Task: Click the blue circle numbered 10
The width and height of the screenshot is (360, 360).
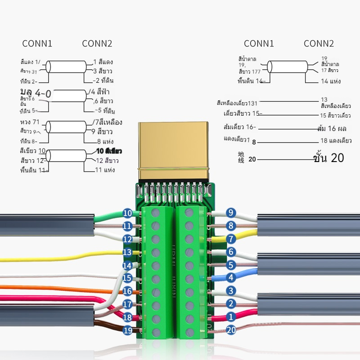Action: (127, 213)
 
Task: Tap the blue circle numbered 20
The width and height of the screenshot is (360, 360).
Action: (231, 330)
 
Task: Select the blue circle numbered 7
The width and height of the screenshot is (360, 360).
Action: (231, 239)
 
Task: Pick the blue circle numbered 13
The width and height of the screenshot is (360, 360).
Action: (127, 252)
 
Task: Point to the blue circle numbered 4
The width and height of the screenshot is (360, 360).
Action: (231, 278)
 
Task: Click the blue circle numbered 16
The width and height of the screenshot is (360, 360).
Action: (127, 292)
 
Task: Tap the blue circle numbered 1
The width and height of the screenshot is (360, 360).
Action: (231, 317)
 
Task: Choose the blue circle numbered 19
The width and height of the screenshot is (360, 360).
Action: (127, 331)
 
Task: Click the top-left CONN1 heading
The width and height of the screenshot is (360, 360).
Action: (37, 44)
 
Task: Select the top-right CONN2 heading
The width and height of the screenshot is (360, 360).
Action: (319, 44)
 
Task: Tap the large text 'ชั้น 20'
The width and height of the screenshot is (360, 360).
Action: (328, 158)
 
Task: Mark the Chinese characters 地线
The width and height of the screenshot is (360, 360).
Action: (241, 157)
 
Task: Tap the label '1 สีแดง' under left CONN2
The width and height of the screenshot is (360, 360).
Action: (103, 62)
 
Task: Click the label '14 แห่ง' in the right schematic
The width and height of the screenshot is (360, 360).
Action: (330, 81)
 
